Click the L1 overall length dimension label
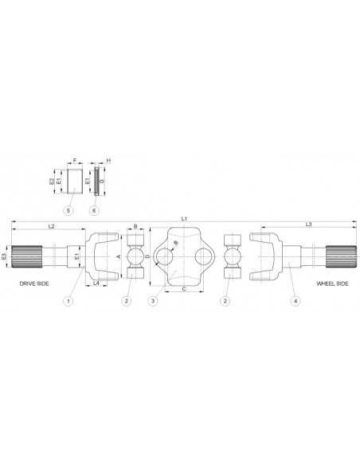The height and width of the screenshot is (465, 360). (x=183, y=217)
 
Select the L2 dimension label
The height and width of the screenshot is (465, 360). (x=51, y=227)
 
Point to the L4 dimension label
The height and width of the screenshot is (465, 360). (x=96, y=283)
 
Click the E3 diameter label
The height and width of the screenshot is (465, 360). (x=6, y=257)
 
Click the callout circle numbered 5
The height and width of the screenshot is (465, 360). (x=69, y=209)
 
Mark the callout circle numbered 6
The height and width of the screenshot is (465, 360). (x=95, y=209)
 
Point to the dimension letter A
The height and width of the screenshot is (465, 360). (x=119, y=257)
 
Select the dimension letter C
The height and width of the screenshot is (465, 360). (x=185, y=290)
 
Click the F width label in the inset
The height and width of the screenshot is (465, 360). (x=74, y=161)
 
